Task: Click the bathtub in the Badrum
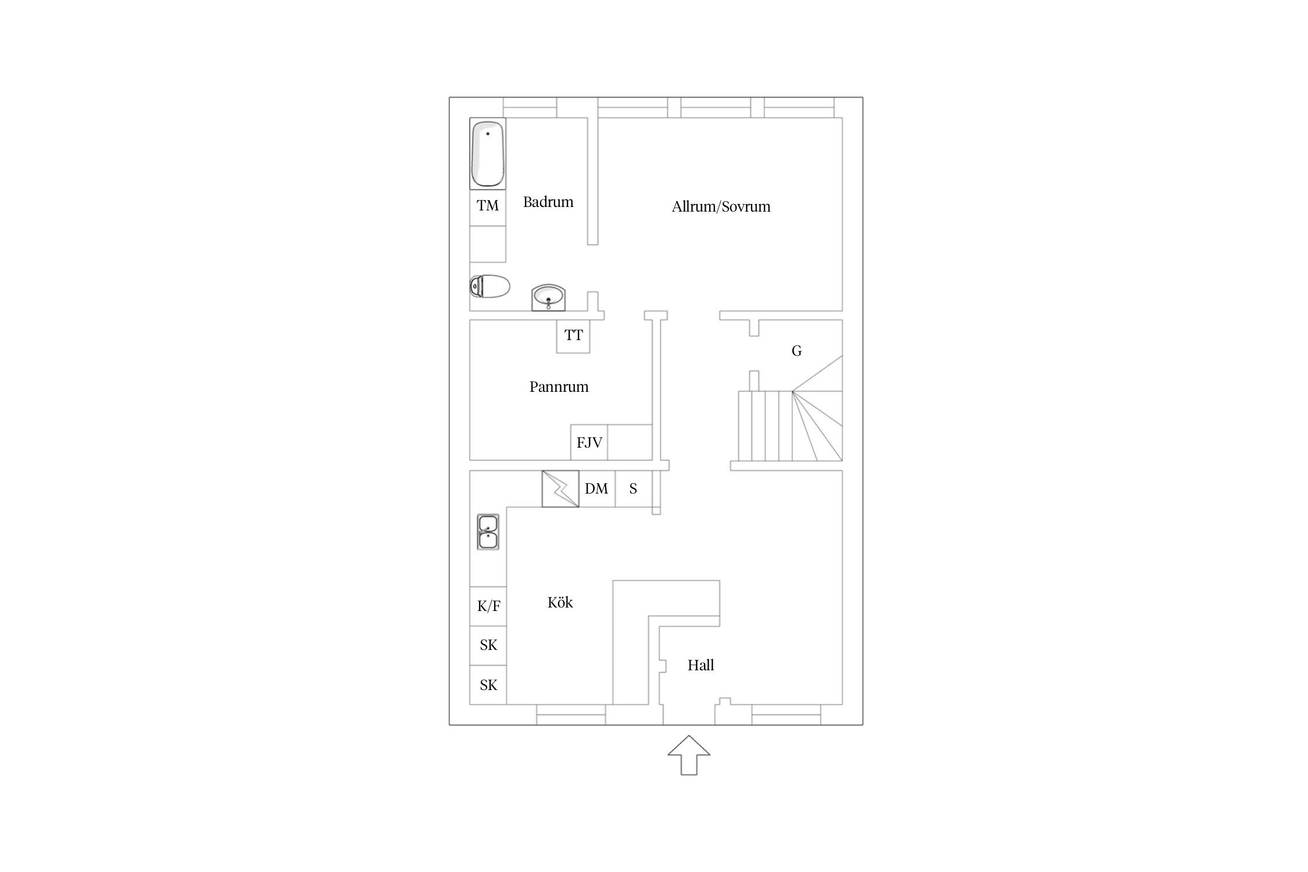tap(488, 153)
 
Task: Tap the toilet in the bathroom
tap(490, 286)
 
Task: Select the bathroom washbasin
tap(548, 298)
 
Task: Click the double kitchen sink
tap(488, 532)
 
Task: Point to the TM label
tap(488, 205)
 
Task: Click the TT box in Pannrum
tap(573, 336)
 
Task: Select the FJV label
tap(589, 443)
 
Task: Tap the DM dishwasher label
tap(596, 489)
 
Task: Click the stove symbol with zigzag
tap(560, 488)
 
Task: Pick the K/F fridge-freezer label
tap(488, 606)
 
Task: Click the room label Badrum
tap(548, 202)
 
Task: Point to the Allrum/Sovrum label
tap(721, 207)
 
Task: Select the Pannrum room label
tap(559, 387)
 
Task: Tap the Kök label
tap(560, 602)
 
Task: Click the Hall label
tap(701, 665)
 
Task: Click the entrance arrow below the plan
tap(689, 755)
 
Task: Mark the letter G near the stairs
tap(796, 351)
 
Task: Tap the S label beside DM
tap(633, 489)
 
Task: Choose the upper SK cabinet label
tap(488, 645)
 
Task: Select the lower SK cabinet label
tap(488, 685)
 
